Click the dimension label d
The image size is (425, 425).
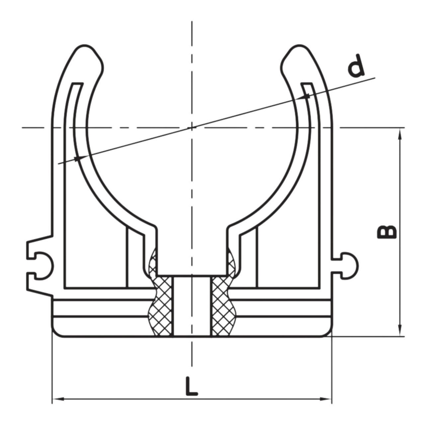[x=356, y=66]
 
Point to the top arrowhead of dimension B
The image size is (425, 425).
[x=400, y=132]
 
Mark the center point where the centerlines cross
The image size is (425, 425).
[x=192, y=127]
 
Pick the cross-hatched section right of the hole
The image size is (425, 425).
[x=223, y=305]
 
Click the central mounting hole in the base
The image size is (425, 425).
[x=192, y=305]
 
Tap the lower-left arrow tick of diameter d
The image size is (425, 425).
[x=77, y=159]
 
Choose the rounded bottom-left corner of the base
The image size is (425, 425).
[x=57, y=332]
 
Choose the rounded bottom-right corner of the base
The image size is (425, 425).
[x=327, y=332]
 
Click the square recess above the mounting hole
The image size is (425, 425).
[x=192, y=252]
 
